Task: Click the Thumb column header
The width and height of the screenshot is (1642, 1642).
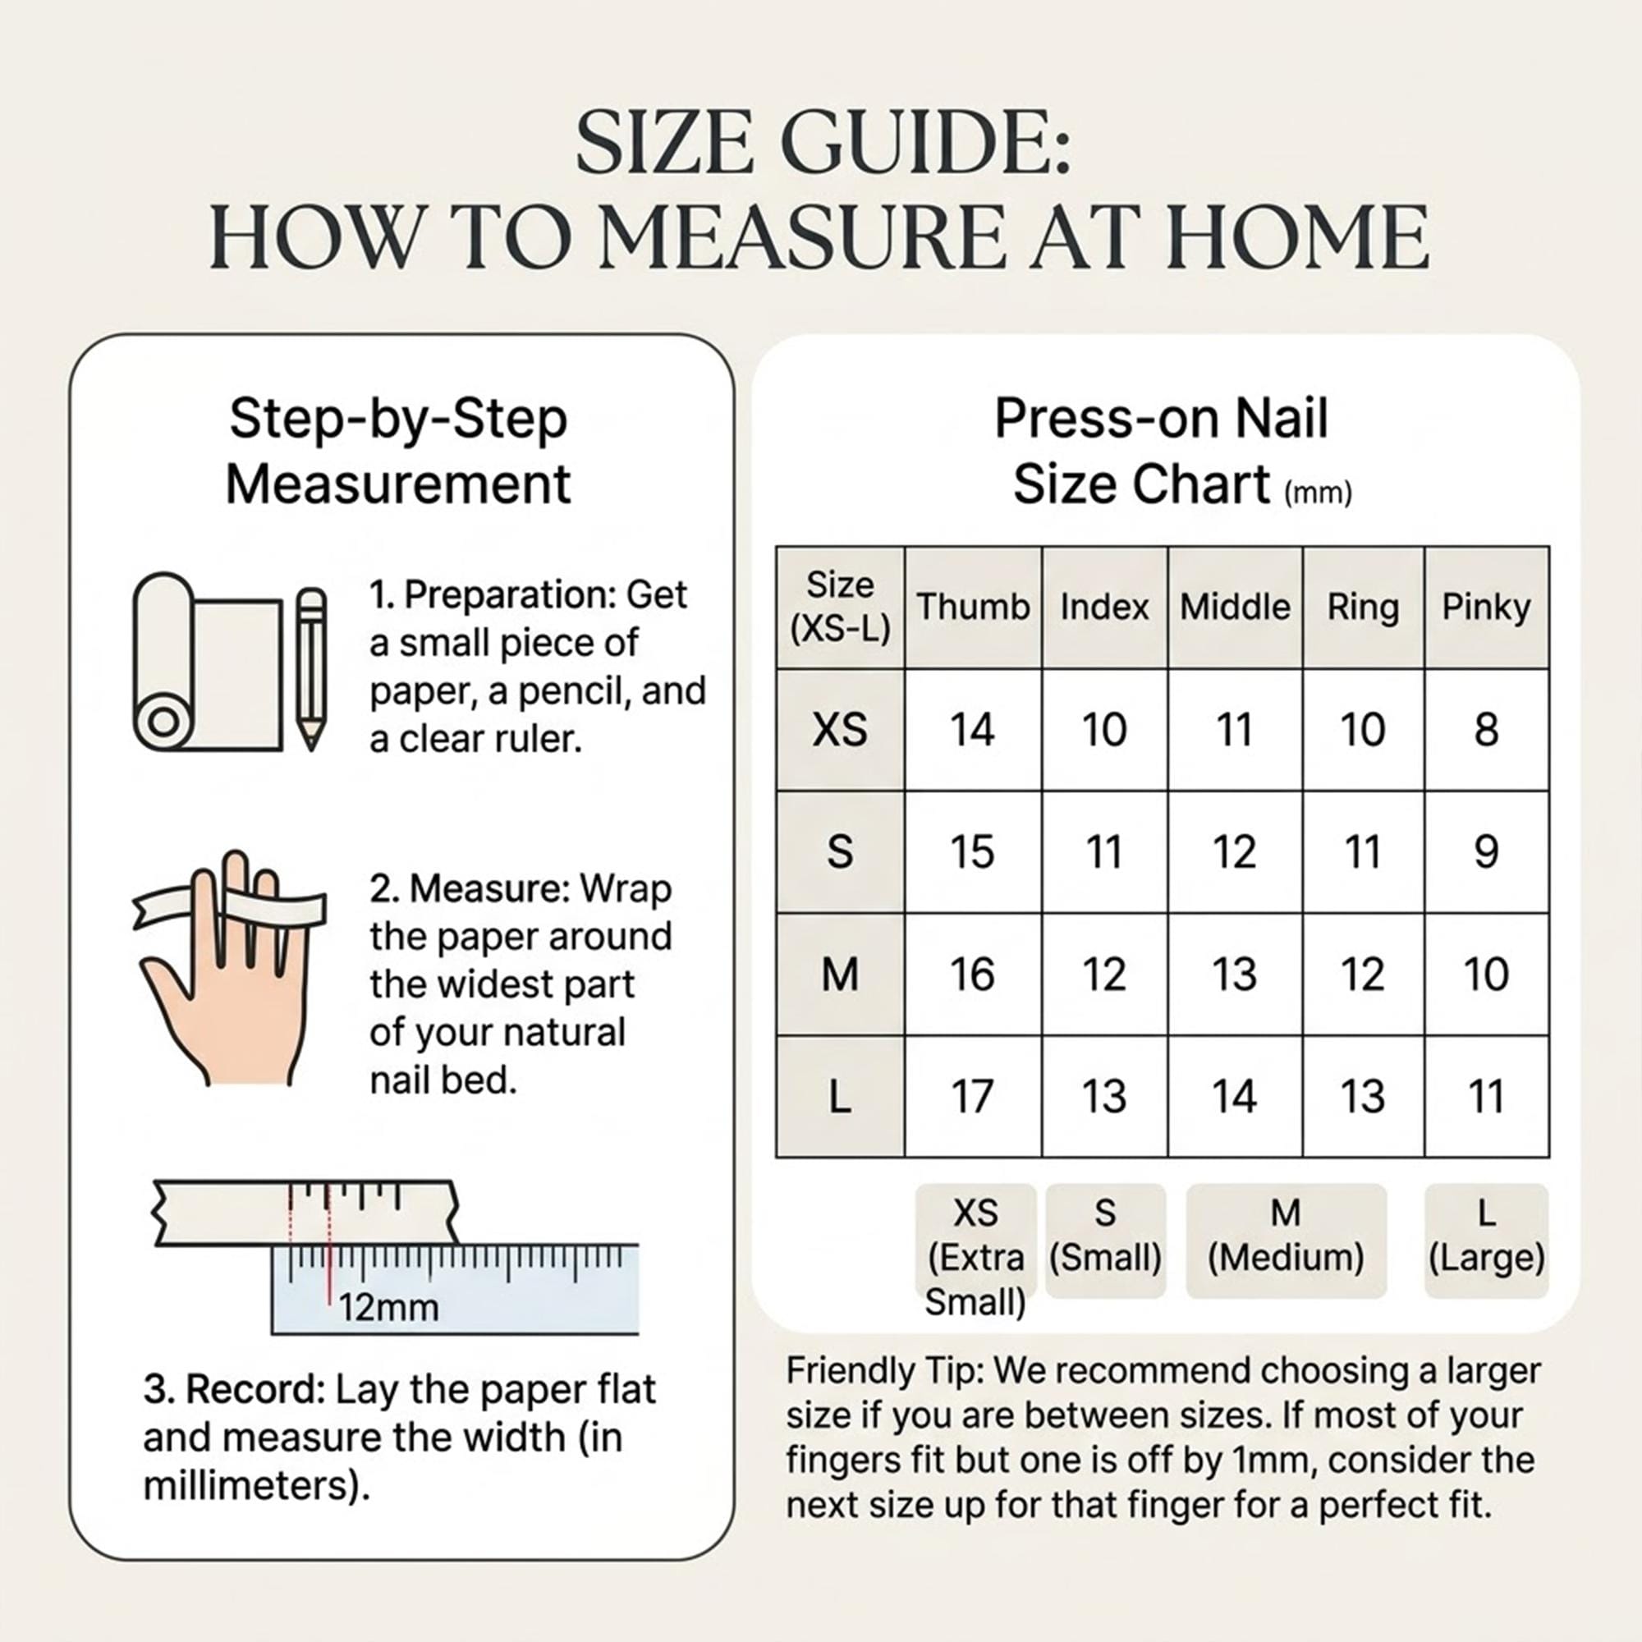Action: click(x=973, y=608)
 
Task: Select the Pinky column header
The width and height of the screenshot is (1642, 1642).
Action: click(x=1487, y=608)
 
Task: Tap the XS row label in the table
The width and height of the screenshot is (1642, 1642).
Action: click(x=840, y=729)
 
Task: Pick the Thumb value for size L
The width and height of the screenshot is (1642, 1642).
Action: click(x=973, y=1096)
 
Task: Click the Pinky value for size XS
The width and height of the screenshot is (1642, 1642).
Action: click(x=1487, y=729)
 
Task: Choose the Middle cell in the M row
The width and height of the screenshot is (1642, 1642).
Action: click(x=1235, y=974)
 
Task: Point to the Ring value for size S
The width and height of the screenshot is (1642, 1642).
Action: click(x=1363, y=851)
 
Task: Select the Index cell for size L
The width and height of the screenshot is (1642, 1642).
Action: click(x=1105, y=1096)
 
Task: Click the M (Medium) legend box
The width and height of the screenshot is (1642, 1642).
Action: click(x=1286, y=1240)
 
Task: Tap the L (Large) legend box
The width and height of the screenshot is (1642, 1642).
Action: click(x=1487, y=1240)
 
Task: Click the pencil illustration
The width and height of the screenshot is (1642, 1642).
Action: click(x=311, y=670)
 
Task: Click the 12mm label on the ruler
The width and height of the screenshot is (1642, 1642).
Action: click(x=388, y=1308)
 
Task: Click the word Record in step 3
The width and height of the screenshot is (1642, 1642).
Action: click(x=255, y=1390)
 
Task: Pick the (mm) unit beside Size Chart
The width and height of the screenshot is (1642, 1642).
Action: click(x=1318, y=493)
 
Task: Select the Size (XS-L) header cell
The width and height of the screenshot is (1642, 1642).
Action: click(x=840, y=608)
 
